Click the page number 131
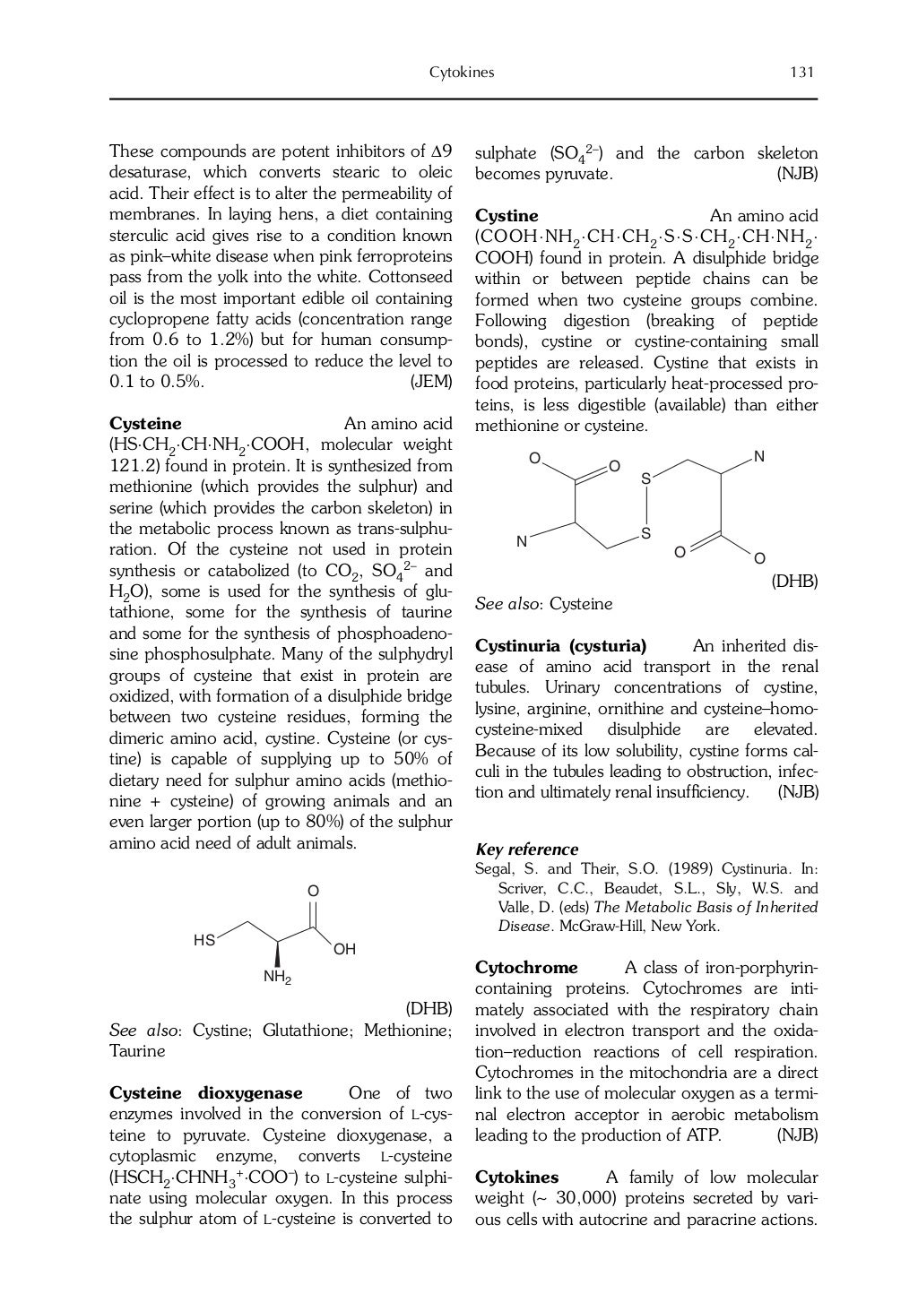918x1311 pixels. click(801, 73)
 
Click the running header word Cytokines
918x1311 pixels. click(462, 73)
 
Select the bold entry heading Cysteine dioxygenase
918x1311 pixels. click(205, 1093)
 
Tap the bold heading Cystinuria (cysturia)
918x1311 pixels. click(560, 646)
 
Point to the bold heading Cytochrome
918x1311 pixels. click(526, 968)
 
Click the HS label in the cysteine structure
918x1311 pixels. click(204, 940)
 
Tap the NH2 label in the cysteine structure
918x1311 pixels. click(277, 977)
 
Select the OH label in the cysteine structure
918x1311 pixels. click(344, 949)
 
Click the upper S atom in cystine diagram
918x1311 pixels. click(645, 480)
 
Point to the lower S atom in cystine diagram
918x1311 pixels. click(645, 535)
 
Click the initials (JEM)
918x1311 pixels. click(430, 383)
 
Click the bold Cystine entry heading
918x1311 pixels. click(507, 216)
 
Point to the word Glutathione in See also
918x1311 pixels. click(307, 1031)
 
